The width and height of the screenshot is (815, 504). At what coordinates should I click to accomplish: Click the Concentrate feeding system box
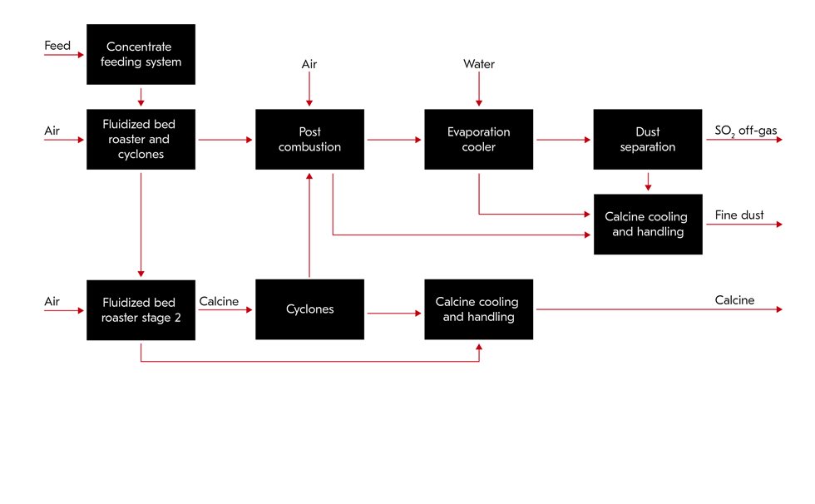(141, 54)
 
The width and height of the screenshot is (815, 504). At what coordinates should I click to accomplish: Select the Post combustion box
(309, 139)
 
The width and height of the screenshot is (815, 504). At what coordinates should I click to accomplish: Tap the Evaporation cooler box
(478, 139)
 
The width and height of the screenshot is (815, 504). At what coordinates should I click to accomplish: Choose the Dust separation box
(647, 139)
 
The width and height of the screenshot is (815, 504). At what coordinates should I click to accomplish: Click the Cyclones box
(309, 309)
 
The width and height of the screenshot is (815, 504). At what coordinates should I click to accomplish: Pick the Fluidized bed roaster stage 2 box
(141, 309)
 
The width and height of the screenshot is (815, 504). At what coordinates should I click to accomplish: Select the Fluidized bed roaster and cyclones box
(141, 139)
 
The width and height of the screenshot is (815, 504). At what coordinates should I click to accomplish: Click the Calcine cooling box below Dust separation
(647, 224)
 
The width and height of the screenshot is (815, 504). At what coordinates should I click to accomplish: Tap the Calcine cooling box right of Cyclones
(478, 309)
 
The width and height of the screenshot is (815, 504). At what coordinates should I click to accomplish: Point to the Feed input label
(57, 46)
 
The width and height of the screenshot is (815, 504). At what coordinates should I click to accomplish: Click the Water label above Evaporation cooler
(478, 64)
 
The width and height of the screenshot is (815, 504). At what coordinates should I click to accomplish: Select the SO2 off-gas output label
(746, 131)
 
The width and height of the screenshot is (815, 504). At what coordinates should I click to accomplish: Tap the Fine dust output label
(739, 215)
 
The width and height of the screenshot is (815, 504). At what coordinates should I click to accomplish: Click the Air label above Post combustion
(309, 64)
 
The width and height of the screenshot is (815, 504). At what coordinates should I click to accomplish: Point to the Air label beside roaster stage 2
(52, 300)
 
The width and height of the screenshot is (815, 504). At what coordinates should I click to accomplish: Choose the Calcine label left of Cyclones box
(219, 300)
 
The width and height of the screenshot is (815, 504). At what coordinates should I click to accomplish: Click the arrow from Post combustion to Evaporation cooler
(394, 140)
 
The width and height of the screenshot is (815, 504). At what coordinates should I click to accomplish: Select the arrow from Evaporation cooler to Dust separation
(563, 140)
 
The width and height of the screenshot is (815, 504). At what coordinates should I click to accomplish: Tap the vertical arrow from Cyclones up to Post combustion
(309, 225)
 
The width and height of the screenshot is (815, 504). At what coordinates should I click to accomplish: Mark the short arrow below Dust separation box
(647, 181)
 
